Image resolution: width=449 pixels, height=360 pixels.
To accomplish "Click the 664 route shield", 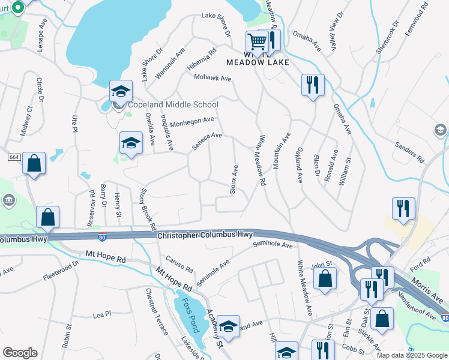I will pos(14,157).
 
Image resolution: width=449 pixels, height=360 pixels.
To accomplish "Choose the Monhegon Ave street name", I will pos(192,122).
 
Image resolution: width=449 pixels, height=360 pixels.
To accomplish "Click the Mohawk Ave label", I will pos(212,78).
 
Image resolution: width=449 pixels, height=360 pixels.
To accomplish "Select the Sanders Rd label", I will pos(410,152).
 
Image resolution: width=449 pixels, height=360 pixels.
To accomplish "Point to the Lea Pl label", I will pos(102,314).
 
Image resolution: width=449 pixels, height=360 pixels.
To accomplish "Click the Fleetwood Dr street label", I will pos(61,271).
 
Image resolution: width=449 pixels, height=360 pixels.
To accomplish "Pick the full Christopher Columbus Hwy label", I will pos(205,235).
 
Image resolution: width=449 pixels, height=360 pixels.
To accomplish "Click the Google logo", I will pos(20,353).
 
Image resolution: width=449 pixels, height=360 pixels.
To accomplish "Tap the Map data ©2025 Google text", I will pos(412,355).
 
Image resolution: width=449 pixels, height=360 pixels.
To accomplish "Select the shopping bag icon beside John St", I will pos(325,278).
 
